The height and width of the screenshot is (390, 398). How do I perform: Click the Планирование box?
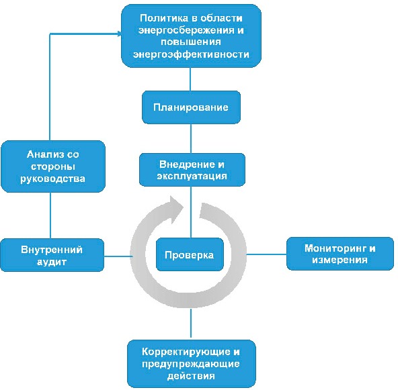(x=191, y=107)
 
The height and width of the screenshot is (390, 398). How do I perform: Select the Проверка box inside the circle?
(x=190, y=254)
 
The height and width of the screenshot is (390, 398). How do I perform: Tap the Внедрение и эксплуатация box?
(x=192, y=170)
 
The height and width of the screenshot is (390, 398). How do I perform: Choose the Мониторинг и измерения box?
(x=340, y=254)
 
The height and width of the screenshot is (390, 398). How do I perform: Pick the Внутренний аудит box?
(x=52, y=255)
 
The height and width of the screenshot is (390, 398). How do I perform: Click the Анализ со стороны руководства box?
(x=53, y=166)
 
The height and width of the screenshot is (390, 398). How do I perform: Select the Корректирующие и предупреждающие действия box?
(x=192, y=364)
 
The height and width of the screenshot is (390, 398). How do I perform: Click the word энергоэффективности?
(x=191, y=54)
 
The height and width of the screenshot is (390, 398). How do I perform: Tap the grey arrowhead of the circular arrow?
(x=176, y=209)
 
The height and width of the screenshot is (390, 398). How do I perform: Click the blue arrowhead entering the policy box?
(x=119, y=34)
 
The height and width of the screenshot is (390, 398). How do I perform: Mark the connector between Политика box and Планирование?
(x=190, y=79)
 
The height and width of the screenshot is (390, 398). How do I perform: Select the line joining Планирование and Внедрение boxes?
(x=191, y=138)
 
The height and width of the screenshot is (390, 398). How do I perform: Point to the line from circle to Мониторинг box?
(x=266, y=254)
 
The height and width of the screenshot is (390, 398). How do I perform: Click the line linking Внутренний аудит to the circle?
(x=118, y=256)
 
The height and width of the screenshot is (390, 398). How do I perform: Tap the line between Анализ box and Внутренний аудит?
(x=50, y=215)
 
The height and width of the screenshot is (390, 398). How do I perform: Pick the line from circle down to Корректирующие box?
(x=191, y=324)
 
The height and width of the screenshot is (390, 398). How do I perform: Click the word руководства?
(x=52, y=179)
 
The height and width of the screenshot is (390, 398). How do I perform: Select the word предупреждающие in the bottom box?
(x=191, y=364)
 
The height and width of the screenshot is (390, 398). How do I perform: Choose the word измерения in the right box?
(x=340, y=260)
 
